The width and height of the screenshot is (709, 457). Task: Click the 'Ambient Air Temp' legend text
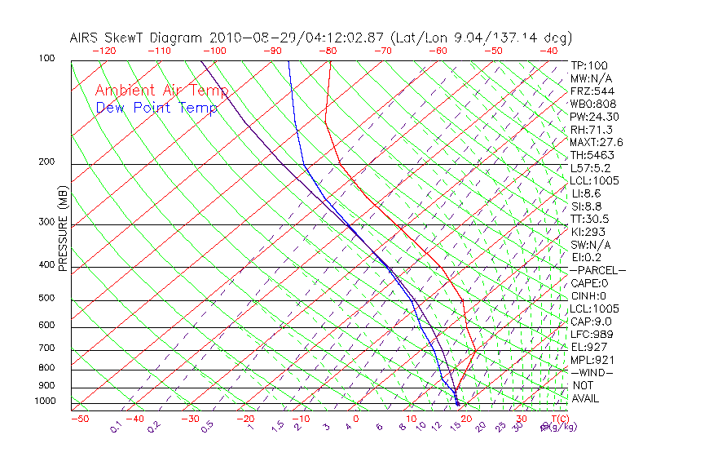coord(161,91)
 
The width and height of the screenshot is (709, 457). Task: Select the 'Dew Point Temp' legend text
coord(156,108)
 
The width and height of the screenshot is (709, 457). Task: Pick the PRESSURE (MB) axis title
coord(63,228)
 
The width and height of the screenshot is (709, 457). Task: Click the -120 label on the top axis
coord(103,51)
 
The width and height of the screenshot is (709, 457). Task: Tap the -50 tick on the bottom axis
coord(79,419)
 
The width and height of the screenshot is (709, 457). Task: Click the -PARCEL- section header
coord(597,270)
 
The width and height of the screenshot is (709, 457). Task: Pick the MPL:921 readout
coord(592,360)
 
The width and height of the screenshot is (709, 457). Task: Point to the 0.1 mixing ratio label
coord(117,427)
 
